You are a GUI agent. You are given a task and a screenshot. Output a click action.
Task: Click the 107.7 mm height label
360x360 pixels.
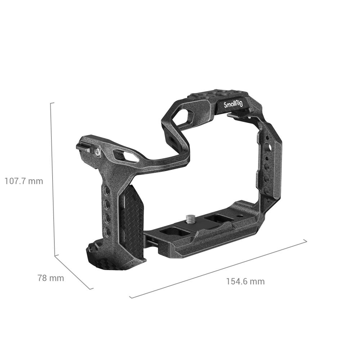point(24,181)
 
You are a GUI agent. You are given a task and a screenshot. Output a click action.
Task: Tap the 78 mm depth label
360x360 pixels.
point(51,278)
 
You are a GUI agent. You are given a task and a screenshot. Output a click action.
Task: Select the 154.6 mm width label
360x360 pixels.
point(245,281)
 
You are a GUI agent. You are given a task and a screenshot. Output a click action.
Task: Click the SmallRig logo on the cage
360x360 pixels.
point(233,105)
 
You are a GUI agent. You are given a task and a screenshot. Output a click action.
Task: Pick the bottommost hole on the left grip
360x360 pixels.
point(107,230)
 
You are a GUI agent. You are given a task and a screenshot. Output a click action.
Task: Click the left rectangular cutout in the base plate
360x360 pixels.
point(175,233)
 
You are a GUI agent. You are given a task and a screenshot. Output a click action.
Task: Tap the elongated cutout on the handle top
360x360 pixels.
point(126,156)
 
